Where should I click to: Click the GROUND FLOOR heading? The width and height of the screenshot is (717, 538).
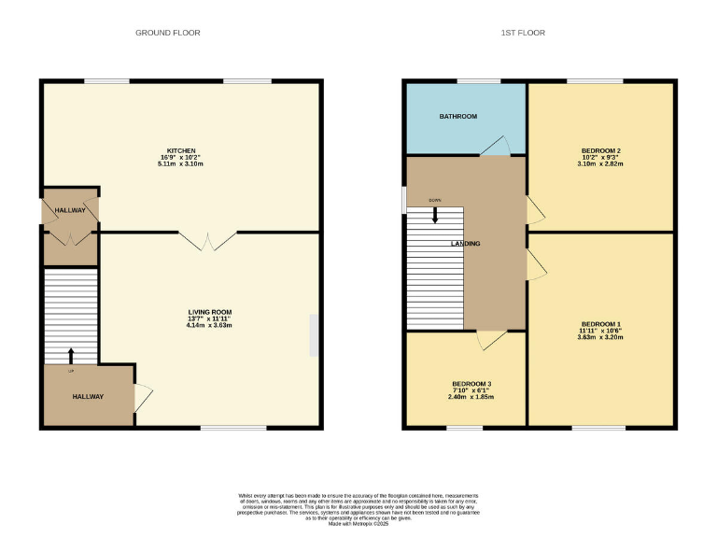click(168, 33)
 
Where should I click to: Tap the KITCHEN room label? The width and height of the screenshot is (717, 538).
click(181, 150)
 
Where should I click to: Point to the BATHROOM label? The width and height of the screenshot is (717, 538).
click(458, 117)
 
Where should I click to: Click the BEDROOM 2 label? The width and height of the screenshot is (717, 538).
click(601, 150)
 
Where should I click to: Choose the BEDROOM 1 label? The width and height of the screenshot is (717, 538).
click(600, 324)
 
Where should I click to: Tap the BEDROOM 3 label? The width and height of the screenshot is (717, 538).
click(471, 384)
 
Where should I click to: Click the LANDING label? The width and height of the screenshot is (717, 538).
click(466, 244)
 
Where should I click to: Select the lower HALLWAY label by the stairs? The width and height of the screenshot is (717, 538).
click(89, 397)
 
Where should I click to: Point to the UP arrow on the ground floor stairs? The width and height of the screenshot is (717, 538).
click(71, 356)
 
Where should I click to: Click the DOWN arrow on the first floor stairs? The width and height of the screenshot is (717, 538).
click(435, 213)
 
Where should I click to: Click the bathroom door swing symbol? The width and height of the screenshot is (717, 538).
click(495, 148)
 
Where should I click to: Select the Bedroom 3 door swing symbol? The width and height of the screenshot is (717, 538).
click(489, 341)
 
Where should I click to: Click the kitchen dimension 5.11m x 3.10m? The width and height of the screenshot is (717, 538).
click(181, 163)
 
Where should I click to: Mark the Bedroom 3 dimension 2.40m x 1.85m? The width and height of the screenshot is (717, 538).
click(471, 397)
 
